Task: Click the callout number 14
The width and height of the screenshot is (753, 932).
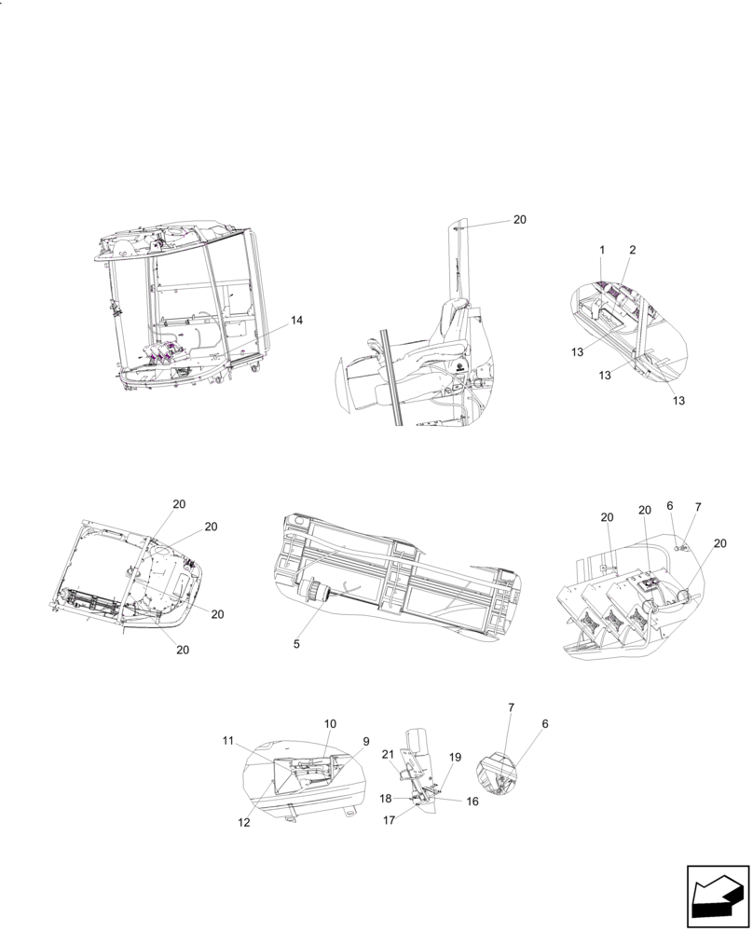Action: [x=296, y=321]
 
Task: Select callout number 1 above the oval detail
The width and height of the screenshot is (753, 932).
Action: [x=602, y=251]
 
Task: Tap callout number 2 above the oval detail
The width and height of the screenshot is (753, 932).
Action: [x=633, y=251]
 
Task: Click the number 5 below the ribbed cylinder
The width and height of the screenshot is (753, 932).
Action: [x=295, y=644]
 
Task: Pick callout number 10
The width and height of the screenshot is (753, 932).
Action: [x=330, y=723]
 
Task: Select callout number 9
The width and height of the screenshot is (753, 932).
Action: [x=365, y=742]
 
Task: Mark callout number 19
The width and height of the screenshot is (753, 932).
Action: [x=456, y=758]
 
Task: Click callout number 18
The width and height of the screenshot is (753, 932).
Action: [x=385, y=799]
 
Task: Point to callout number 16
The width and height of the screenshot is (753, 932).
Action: [x=472, y=801]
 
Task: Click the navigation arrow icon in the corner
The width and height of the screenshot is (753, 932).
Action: [x=718, y=897]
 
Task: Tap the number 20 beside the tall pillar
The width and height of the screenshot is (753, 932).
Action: [x=519, y=220]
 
